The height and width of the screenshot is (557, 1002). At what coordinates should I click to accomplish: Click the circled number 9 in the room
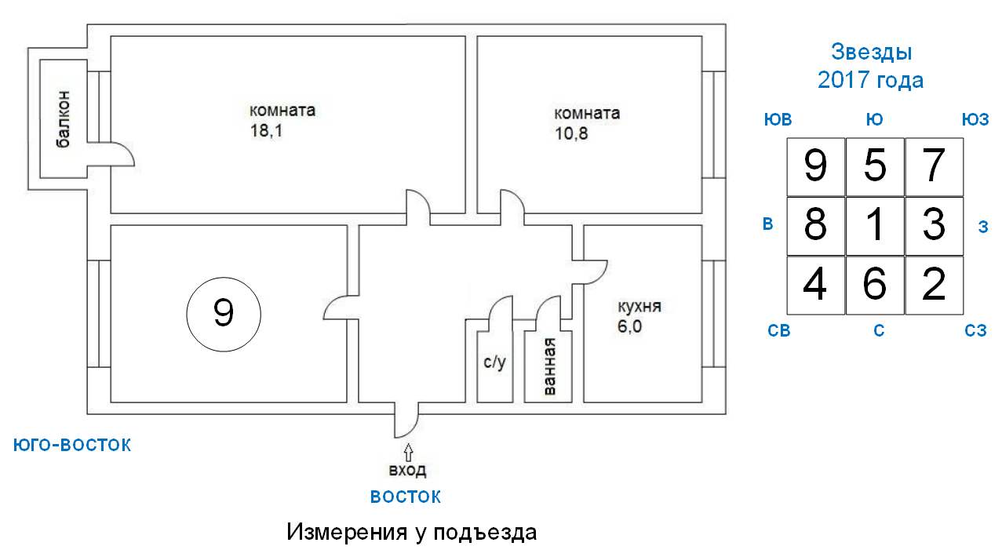[223, 315]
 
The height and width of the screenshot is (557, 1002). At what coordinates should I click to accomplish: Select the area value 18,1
[266, 131]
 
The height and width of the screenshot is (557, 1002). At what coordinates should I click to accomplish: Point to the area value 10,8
[571, 133]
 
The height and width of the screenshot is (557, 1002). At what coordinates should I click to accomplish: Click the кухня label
[639, 306]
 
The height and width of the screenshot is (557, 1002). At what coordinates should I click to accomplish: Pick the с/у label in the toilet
[494, 363]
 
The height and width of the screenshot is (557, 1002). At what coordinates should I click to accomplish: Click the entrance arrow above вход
[407, 452]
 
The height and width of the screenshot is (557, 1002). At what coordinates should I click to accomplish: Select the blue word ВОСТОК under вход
[406, 497]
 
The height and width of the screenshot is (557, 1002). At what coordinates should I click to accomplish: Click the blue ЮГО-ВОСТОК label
[72, 446]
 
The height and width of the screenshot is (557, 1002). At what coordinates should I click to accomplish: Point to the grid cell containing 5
[875, 166]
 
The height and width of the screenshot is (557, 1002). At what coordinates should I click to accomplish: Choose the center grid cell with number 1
[875, 226]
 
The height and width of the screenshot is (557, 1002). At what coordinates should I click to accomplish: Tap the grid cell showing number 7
[934, 166]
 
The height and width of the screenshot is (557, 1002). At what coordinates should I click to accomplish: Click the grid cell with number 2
[934, 286]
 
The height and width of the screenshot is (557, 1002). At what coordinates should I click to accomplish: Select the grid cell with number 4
[816, 286]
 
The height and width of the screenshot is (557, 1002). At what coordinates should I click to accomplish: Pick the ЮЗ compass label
[975, 119]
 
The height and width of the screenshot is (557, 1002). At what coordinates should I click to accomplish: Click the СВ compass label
[778, 331]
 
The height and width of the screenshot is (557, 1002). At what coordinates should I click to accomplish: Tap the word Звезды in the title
[871, 53]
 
